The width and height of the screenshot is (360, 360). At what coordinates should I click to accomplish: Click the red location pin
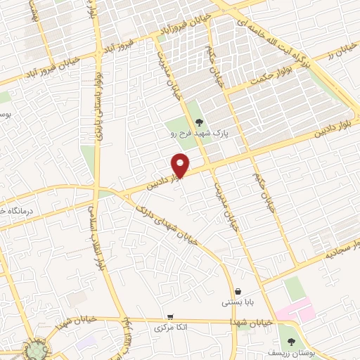(x=180, y=165)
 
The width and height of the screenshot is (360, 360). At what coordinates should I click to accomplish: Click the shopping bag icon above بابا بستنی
(x=238, y=292)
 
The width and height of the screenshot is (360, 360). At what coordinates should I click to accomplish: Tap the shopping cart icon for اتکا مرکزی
(x=170, y=317)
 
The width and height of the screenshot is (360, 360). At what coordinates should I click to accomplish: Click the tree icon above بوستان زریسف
(x=292, y=341)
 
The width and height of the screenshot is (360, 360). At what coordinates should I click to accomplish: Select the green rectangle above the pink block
(x=296, y=288)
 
